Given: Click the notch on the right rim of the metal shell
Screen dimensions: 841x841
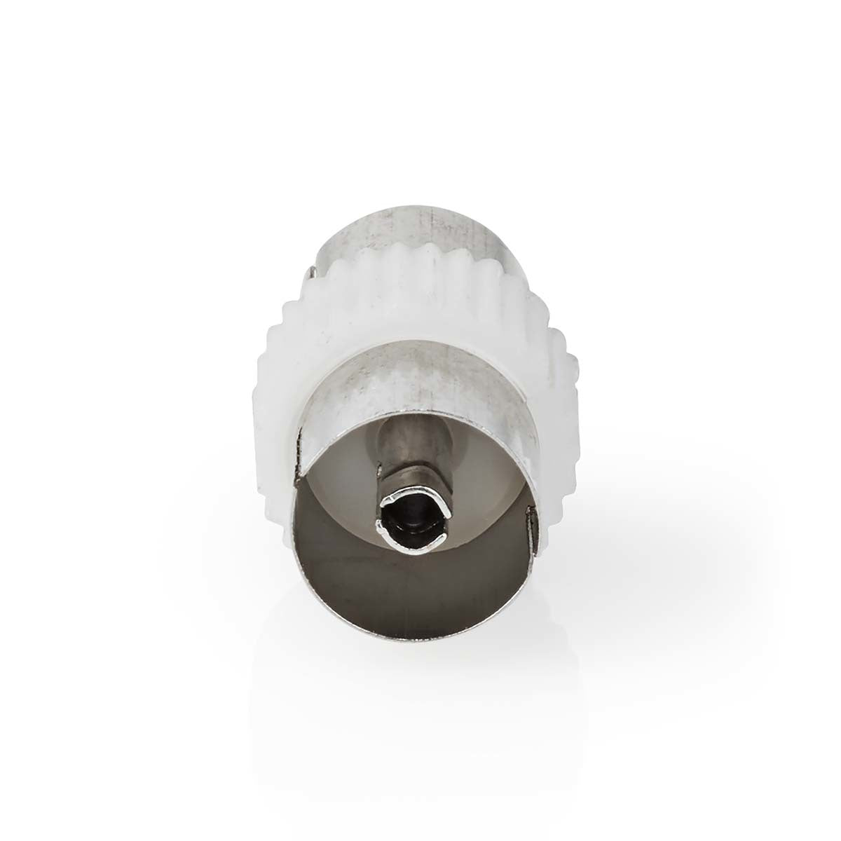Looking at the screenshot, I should pos(537,521).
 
